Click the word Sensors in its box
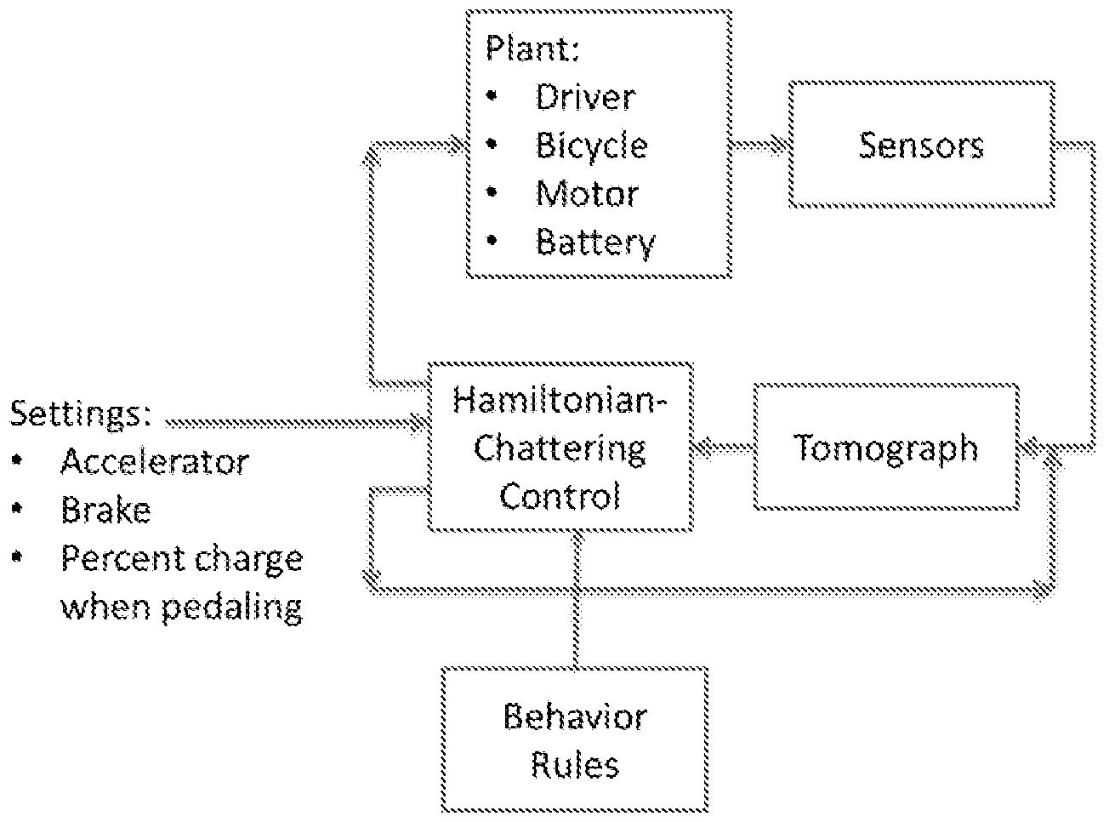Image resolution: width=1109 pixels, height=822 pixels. [x=921, y=146]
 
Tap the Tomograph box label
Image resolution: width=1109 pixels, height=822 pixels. [x=885, y=448]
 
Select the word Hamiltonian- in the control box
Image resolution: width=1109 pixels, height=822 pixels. [x=560, y=400]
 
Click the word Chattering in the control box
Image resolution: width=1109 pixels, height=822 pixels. [x=560, y=448]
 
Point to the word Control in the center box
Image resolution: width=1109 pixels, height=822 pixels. [x=560, y=496]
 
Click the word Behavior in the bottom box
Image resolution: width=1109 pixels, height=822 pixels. [x=575, y=716]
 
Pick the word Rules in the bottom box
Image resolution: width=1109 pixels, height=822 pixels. [x=575, y=765]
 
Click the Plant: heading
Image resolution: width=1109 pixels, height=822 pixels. [x=532, y=49]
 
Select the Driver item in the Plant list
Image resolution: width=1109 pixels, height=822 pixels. [x=585, y=97]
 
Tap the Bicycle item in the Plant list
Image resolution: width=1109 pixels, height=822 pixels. [x=592, y=146]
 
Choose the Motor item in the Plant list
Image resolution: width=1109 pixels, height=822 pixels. [x=588, y=194]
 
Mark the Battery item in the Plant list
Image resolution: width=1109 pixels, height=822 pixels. [x=595, y=243]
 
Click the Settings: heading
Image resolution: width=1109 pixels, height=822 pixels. [x=80, y=414]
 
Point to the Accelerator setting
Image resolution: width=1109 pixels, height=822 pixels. [x=155, y=461]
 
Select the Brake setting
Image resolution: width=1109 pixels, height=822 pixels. [x=105, y=510]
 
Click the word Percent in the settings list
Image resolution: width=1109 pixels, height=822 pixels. [x=122, y=558]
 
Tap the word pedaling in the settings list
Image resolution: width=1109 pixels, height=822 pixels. [x=232, y=608]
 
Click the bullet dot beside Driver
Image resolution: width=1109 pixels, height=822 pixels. [x=492, y=95]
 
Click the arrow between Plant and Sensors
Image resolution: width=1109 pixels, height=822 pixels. [x=760, y=146]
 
